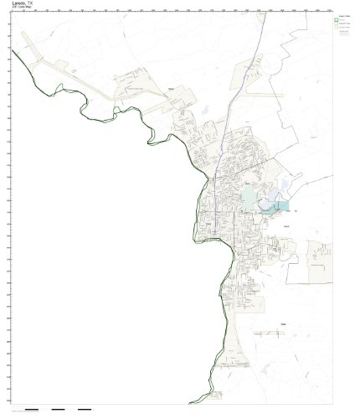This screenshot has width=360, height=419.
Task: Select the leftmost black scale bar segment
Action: [32, 409]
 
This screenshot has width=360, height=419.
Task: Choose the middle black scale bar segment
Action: [58, 409]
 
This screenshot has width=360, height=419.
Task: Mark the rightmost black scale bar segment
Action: [84, 409]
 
